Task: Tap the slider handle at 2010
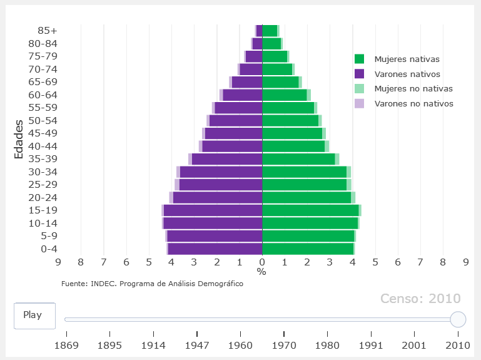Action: click(x=458, y=319)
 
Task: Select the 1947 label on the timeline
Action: click(x=197, y=344)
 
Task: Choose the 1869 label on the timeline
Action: click(x=66, y=344)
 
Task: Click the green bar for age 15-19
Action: click(x=310, y=210)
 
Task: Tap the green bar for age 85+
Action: click(x=270, y=31)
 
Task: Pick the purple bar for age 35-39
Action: click(x=226, y=159)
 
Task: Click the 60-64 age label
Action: click(x=43, y=95)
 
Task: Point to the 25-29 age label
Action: click(x=43, y=185)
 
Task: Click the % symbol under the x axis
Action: click(x=261, y=272)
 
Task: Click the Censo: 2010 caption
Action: click(x=420, y=299)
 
